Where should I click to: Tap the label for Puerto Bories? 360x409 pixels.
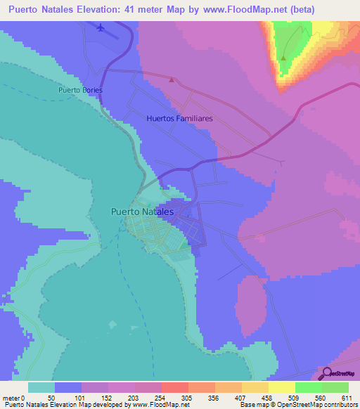tap(80, 90)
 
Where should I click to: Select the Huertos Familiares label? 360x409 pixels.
tap(179, 119)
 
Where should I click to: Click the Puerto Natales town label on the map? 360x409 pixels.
tap(142, 210)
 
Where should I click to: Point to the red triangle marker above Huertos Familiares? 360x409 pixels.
tap(172, 79)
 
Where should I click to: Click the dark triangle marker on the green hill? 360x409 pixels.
tap(283, 58)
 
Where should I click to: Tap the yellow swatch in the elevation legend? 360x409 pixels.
tap(281, 387)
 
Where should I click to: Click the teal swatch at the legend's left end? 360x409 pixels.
tap(41, 387)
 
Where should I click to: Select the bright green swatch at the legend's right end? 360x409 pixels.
tap(335, 387)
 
